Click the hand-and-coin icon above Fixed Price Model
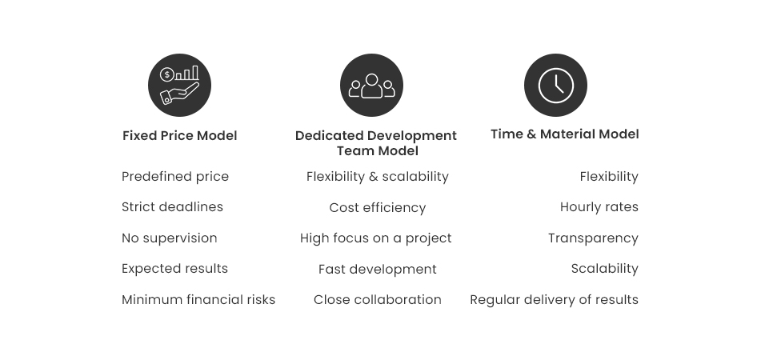[x=179, y=86]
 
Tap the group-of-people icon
[x=371, y=86]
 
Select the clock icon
[x=555, y=86]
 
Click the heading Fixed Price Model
[x=179, y=136]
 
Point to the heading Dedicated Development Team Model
[x=376, y=143]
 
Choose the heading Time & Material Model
[x=564, y=134]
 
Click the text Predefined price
[x=175, y=177]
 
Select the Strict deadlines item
[x=172, y=207]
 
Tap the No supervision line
[x=170, y=238]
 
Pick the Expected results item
[x=174, y=269]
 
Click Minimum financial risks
[x=198, y=300]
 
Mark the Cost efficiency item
[x=377, y=208]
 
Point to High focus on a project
[x=376, y=238]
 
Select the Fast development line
[x=377, y=270]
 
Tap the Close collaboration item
[x=377, y=300]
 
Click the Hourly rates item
[x=599, y=207]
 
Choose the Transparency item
[x=593, y=238]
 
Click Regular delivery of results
[x=554, y=300]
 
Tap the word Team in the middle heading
[x=354, y=151]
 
